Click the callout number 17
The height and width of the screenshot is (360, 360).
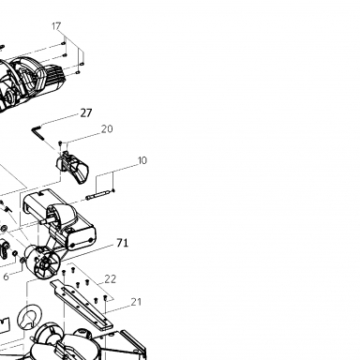(x=56, y=26)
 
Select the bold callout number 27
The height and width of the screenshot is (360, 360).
(x=86, y=112)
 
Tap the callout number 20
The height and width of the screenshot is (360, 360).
(x=107, y=128)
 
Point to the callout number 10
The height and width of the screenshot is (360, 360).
(x=142, y=160)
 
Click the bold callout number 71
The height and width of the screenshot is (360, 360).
(x=122, y=243)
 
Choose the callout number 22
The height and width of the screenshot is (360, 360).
(x=110, y=279)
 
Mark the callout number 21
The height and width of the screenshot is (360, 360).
(x=136, y=302)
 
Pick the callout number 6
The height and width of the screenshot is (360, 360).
(x=6, y=277)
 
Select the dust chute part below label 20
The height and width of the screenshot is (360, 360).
(x=72, y=167)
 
